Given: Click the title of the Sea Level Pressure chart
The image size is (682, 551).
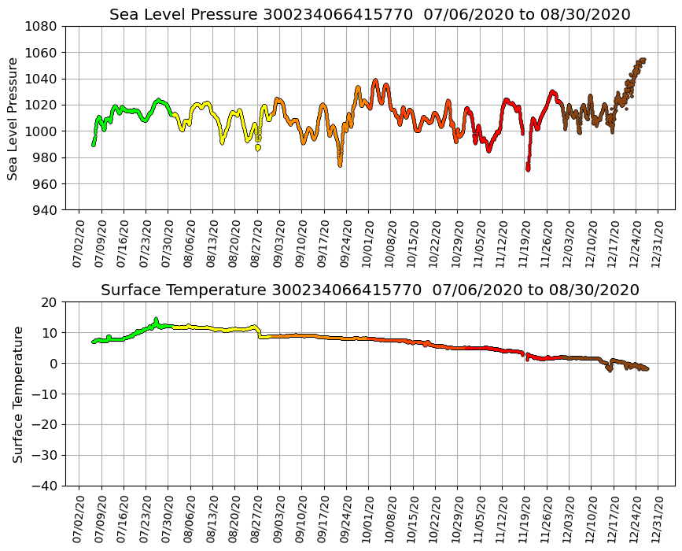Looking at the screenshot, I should [370, 14].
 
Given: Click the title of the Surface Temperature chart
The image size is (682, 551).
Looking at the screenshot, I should [370, 290].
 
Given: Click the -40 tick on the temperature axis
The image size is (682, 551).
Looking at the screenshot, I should [42, 486].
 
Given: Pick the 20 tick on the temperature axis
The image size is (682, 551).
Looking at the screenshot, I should [49, 302].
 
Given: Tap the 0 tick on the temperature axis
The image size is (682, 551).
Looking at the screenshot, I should [53, 364].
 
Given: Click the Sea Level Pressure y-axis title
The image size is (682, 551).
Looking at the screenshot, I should [13, 118].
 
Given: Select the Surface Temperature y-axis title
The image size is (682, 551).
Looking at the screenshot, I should [17, 394].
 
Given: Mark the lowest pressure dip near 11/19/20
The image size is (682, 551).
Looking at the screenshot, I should [528, 168].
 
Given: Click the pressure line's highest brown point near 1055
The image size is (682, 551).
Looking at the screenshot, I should [643, 60].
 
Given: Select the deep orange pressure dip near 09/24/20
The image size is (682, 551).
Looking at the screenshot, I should [340, 164].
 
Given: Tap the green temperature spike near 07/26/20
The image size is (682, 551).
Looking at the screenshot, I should [156, 319].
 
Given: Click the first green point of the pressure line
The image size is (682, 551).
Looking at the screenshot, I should [94, 144].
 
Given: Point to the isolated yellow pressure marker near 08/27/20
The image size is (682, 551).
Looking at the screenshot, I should [257, 147].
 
